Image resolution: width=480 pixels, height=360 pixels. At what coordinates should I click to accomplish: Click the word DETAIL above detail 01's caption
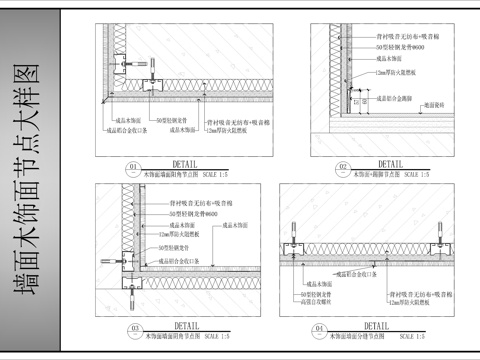(x=185, y=162)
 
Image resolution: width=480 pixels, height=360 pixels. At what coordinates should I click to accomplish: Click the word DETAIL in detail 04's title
(x=377, y=324)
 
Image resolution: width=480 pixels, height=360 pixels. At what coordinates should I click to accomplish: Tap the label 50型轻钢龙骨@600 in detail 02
(x=394, y=47)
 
